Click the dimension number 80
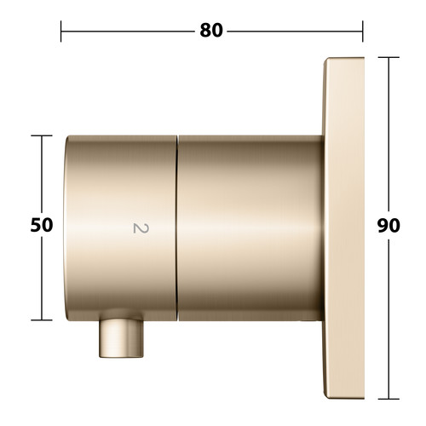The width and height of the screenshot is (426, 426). click(211, 31)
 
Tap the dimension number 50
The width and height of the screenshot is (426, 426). click(42, 225)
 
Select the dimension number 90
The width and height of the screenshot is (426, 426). click(389, 226)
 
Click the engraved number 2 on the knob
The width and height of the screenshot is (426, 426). click(141, 228)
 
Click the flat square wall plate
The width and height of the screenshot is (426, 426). click(343, 228)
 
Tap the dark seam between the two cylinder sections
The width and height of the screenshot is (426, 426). click(177, 228)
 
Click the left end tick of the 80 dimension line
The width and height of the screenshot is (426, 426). click(60, 32)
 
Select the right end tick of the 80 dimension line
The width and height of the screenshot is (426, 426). click(363, 32)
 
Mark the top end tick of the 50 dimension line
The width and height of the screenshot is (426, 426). click(42, 135)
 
